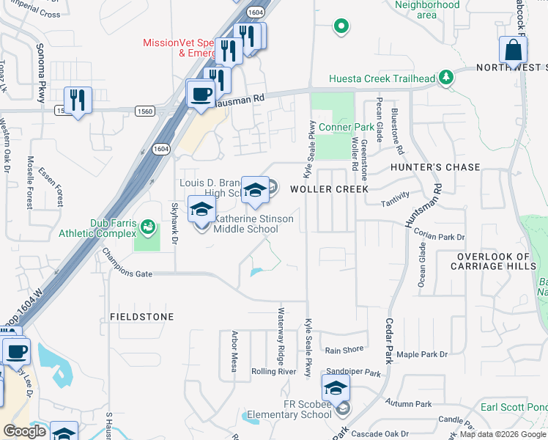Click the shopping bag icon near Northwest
coord(513,51)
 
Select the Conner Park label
coord(347,127)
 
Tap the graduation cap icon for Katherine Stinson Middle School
coord(202,210)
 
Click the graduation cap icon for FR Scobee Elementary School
coord(336,388)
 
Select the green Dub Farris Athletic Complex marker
coord(148,228)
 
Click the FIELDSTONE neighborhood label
coord(142,317)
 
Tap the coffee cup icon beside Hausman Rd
coord(200,94)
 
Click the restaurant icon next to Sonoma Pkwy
coord(77,100)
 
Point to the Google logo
coord(24,431)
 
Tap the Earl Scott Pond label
coord(513,407)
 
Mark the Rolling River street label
coord(273,372)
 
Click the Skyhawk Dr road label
coord(174,223)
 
